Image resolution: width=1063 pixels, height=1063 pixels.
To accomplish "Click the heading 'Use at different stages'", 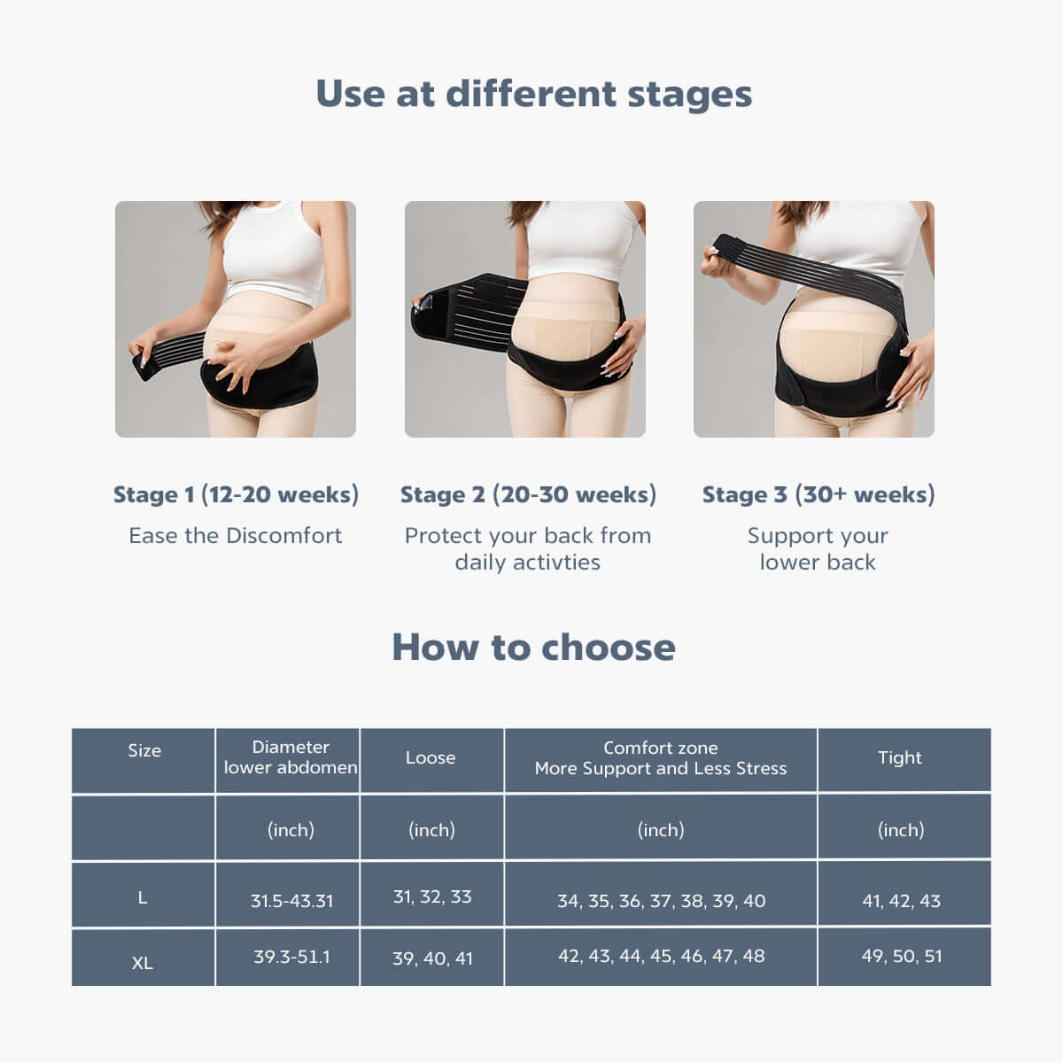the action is (533, 94).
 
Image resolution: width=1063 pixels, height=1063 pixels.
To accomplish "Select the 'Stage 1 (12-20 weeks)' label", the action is (236, 494).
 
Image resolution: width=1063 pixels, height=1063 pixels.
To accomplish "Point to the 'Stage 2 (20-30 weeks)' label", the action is (528, 494).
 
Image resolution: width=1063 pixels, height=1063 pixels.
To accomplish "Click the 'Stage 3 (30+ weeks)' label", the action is (819, 494).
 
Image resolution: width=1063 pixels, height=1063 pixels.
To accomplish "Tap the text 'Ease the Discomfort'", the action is (236, 536).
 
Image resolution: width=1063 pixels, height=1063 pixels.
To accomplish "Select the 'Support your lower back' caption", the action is (818, 549).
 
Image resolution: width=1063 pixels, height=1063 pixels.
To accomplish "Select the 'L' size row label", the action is (143, 898).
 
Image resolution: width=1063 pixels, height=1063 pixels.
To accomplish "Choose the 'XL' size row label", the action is (143, 963).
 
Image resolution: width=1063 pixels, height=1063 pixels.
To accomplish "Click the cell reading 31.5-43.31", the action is (291, 901).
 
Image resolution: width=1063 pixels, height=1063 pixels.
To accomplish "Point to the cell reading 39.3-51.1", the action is (291, 956).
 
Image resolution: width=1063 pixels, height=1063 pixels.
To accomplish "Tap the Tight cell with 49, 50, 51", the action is (902, 956).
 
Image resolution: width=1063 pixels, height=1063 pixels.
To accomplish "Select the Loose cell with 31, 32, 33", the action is (432, 897).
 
